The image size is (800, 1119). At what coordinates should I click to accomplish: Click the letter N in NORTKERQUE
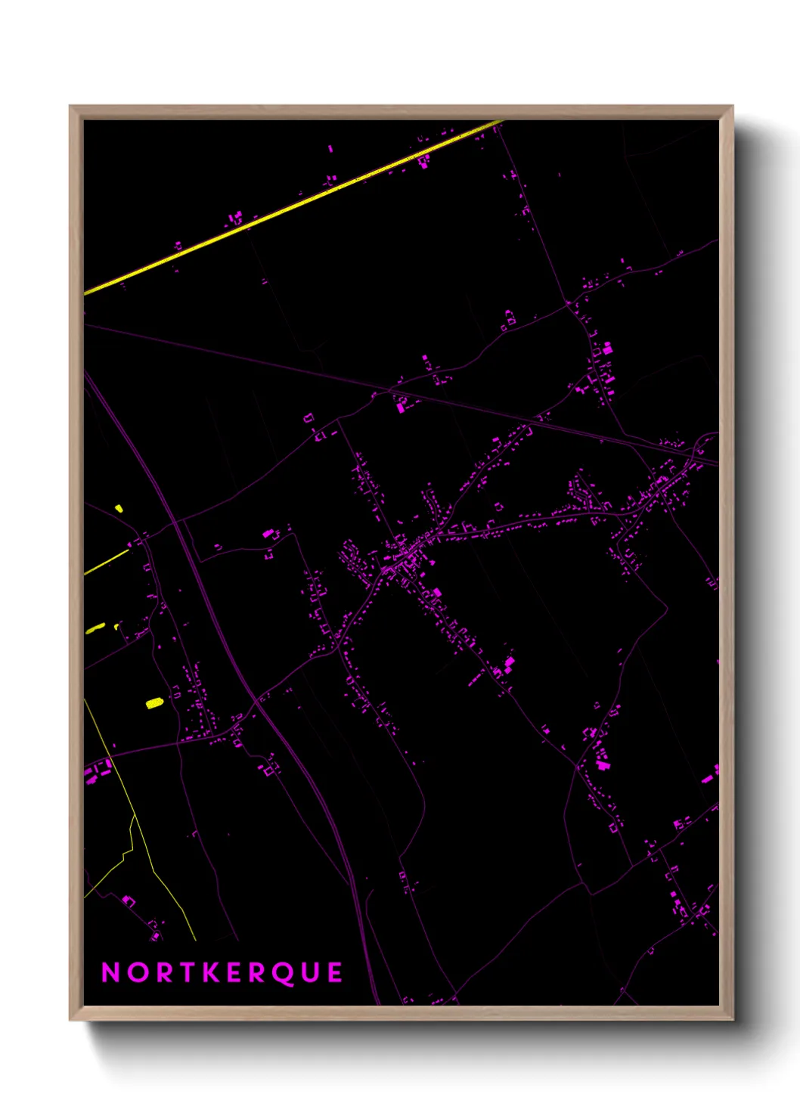pyautogui.click(x=111, y=972)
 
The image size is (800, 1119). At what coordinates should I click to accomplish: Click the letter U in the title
pyautogui.click(x=309, y=972)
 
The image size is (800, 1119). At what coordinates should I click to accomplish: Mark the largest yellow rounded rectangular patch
pyautogui.click(x=154, y=703)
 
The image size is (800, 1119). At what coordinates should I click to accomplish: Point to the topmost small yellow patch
pyautogui.click(x=119, y=508)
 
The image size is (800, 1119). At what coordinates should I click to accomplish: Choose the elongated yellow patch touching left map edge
pyautogui.click(x=95, y=628)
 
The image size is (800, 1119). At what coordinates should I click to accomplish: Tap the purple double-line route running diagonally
pyautogui.click(x=227, y=643)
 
